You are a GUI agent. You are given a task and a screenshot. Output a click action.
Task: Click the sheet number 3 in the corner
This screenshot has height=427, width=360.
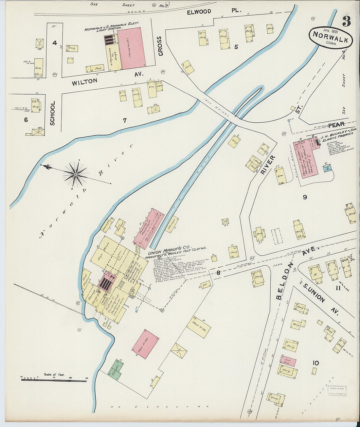point(346,21)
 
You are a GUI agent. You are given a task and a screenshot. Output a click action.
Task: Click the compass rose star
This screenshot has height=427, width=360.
point(76,175)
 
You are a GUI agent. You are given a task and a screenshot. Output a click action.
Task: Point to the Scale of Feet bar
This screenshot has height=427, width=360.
point(54,380)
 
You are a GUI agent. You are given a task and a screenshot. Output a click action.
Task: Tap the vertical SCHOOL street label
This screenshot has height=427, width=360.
point(52,113)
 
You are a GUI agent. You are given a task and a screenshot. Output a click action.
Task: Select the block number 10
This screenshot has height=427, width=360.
point(315,363)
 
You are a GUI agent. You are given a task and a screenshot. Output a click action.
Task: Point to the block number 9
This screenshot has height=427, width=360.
point(305,197)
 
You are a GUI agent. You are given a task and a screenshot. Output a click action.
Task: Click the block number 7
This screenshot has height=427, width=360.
point(124,120)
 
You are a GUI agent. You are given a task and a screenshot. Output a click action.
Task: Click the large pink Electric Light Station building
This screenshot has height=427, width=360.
point(131,48)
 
